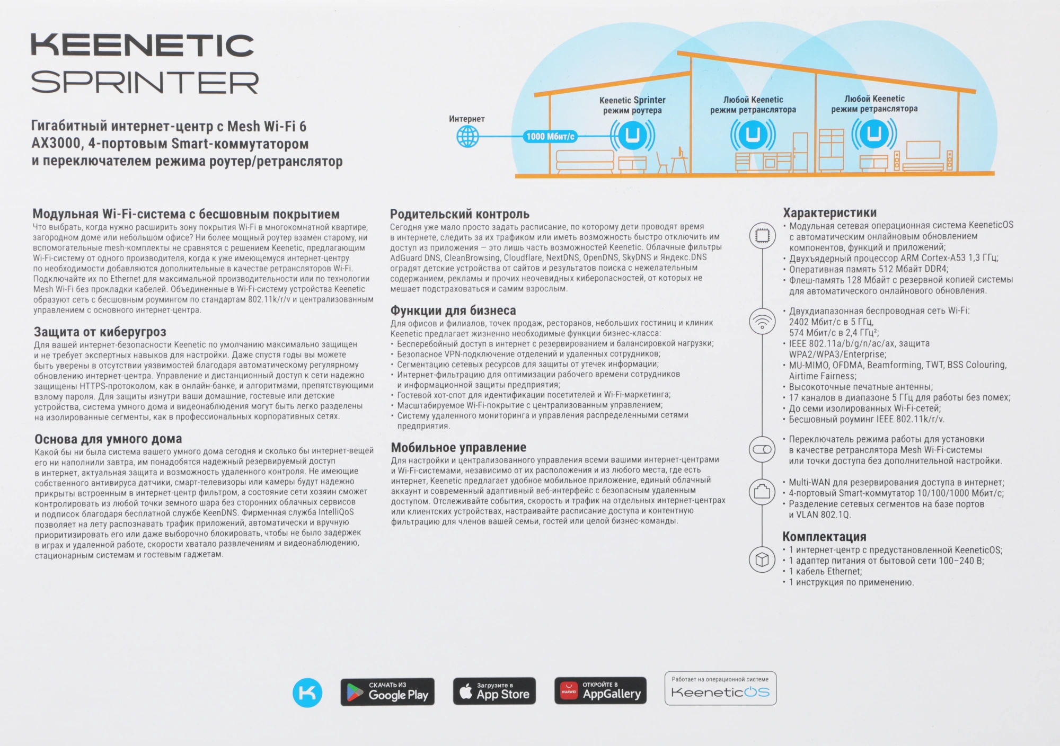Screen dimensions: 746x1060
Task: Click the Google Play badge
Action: pos(387,692)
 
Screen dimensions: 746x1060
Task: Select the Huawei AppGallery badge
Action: pos(600,691)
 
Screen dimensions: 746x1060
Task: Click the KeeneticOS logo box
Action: pos(720,689)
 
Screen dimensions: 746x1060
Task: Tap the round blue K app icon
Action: pos(307,692)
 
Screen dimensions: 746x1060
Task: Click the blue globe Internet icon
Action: pos(467,137)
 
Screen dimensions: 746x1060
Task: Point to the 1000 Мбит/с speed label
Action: pos(550,137)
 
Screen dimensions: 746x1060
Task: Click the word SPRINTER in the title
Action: pos(145,83)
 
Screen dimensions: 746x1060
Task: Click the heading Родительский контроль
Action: pos(460,214)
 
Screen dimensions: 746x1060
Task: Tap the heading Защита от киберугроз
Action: pos(100,332)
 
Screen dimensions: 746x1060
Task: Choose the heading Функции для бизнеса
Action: pos(453,310)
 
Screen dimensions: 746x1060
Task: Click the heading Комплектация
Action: pos(824,537)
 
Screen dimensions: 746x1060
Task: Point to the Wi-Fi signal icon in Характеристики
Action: pos(762,322)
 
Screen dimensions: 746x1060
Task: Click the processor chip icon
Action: pos(762,235)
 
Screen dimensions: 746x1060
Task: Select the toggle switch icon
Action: pos(762,449)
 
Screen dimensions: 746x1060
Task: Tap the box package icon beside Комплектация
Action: pos(762,559)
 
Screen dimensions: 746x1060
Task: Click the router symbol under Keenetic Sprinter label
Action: pos(632,135)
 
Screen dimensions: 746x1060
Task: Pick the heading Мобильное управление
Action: pos(458,448)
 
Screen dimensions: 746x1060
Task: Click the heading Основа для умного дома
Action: pos(108,439)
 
